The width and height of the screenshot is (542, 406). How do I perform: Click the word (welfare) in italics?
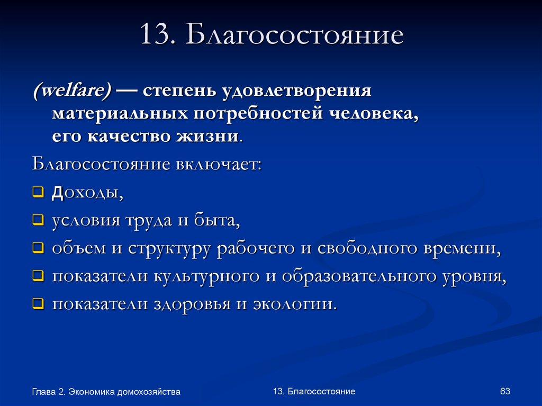coord(72,90)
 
